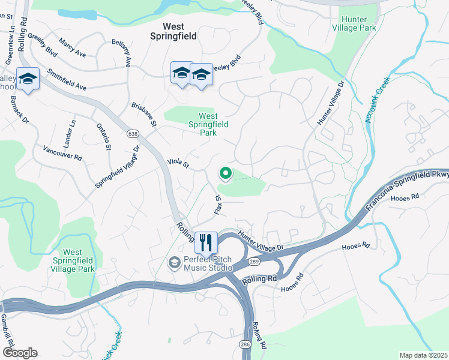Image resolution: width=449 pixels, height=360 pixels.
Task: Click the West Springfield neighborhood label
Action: tap(175, 31)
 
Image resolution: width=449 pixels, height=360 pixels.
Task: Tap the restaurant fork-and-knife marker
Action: tap(206, 242)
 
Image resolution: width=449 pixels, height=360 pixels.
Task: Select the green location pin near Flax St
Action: tap(226, 173)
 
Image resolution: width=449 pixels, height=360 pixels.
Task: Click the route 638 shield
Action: tap(133, 132)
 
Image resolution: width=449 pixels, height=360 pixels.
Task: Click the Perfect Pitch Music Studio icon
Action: tap(174, 262)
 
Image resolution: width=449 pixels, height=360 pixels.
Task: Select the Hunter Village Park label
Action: tap(361, 23)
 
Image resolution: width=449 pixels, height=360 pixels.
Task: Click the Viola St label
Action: tap(178, 163)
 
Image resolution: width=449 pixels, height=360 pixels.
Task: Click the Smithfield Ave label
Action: tap(67, 79)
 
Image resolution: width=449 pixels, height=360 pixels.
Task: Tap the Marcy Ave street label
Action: tap(72, 48)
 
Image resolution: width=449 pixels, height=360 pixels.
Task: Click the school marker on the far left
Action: tap(28, 80)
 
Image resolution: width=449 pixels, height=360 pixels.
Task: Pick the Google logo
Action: tap(19, 353)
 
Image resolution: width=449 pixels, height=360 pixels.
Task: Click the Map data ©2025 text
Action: tap(423, 355)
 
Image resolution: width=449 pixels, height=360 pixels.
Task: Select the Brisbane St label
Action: tap(144, 114)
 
